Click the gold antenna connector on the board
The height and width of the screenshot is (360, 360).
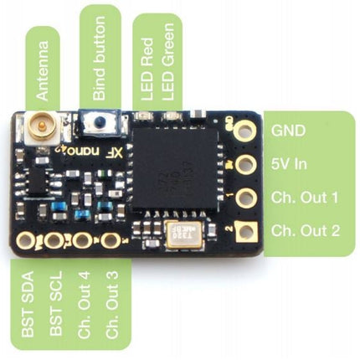tap(41, 128)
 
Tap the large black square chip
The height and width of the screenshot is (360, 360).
tap(175, 169)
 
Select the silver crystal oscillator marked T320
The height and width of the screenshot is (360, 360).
tap(183, 234)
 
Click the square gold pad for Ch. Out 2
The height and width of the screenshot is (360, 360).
tap(246, 232)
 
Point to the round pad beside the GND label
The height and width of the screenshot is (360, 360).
tap(245, 131)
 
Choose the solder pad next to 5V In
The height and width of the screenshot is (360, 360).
tap(246, 164)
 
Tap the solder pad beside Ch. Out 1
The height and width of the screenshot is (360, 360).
tap(246, 198)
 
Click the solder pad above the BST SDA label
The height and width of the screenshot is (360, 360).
tap(26, 240)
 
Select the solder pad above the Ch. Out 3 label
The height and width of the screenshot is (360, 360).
tap(111, 240)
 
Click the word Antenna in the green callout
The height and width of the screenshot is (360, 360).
tap(43, 71)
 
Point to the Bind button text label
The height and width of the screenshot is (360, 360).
tap(100, 58)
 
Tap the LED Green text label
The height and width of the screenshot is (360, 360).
tap(168, 62)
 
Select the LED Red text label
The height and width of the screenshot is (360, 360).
tap(147, 69)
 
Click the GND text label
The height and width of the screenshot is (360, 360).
tap(288, 131)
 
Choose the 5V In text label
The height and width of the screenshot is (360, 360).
tap(289, 164)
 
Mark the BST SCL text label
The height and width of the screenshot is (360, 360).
tap(56, 303)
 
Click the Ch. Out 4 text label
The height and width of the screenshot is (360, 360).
tap(84, 304)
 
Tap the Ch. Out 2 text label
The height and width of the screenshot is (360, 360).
tap(306, 231)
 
